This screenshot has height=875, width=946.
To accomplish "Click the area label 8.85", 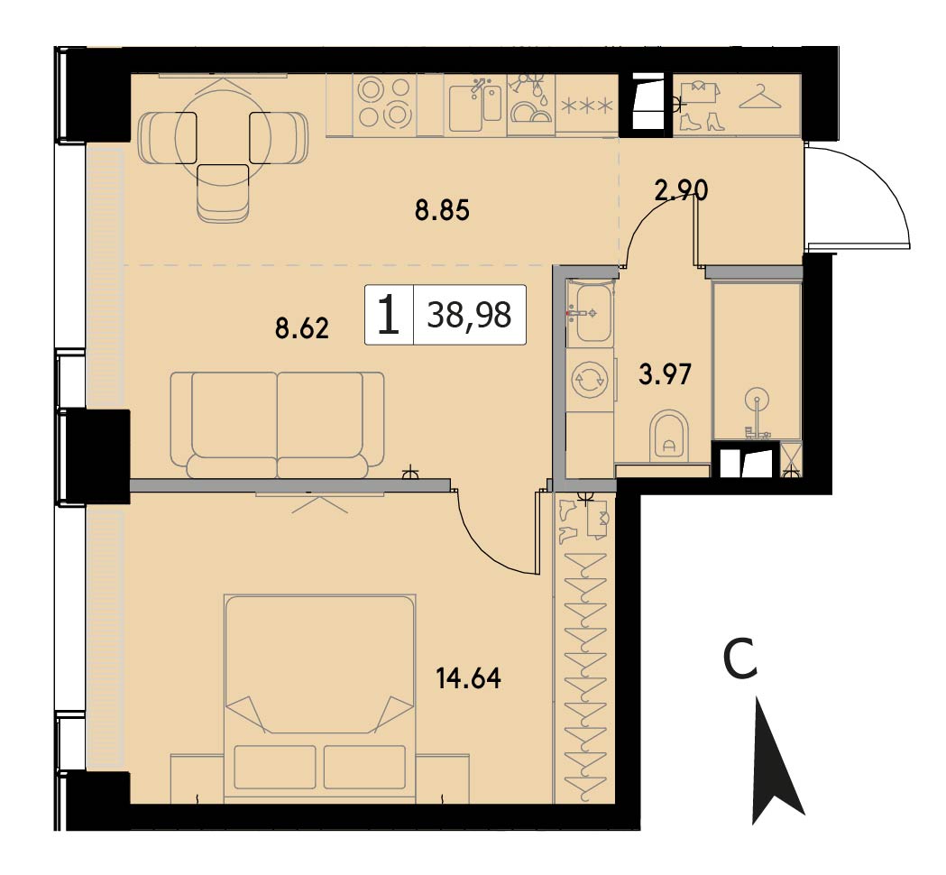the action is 442,211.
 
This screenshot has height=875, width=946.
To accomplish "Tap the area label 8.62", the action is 302,329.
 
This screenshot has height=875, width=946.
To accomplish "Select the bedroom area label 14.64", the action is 469,678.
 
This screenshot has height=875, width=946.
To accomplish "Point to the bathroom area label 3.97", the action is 665,374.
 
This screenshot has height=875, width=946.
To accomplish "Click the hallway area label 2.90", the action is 681,190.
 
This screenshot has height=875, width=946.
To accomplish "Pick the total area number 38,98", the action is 469,315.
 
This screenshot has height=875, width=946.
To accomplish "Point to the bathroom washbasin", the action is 592,313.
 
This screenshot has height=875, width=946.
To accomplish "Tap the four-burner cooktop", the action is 383,103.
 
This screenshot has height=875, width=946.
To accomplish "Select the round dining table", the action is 224,138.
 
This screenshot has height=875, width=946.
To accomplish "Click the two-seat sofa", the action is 277,425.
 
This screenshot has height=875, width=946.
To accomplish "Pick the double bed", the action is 320,699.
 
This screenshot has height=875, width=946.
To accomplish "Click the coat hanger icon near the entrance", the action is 760,97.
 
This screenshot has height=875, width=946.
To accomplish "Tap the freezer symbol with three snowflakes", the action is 587,106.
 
